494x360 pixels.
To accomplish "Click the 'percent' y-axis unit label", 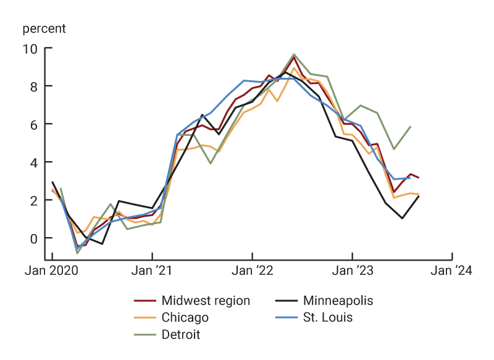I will [44, 28].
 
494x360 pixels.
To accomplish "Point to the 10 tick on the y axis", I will [29, 48].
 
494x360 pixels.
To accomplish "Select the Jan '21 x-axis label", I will [152, 271].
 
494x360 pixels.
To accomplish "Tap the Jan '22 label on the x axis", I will [252, 271].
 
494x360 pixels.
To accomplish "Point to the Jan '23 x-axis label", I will [352, 271].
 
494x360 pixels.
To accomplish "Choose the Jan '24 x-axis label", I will [452, 271].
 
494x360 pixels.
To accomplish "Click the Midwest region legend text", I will [205, 301].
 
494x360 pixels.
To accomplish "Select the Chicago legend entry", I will [185, 318].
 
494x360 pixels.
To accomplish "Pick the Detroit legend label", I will [180, 335].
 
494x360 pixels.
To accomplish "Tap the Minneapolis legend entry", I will [338, 301].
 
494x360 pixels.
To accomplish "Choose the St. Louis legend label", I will [327, 318].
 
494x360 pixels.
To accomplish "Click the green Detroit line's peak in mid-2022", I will [294, 54].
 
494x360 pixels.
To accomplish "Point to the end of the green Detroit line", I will [411, 127].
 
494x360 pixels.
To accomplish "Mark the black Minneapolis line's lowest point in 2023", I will [402, 218].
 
